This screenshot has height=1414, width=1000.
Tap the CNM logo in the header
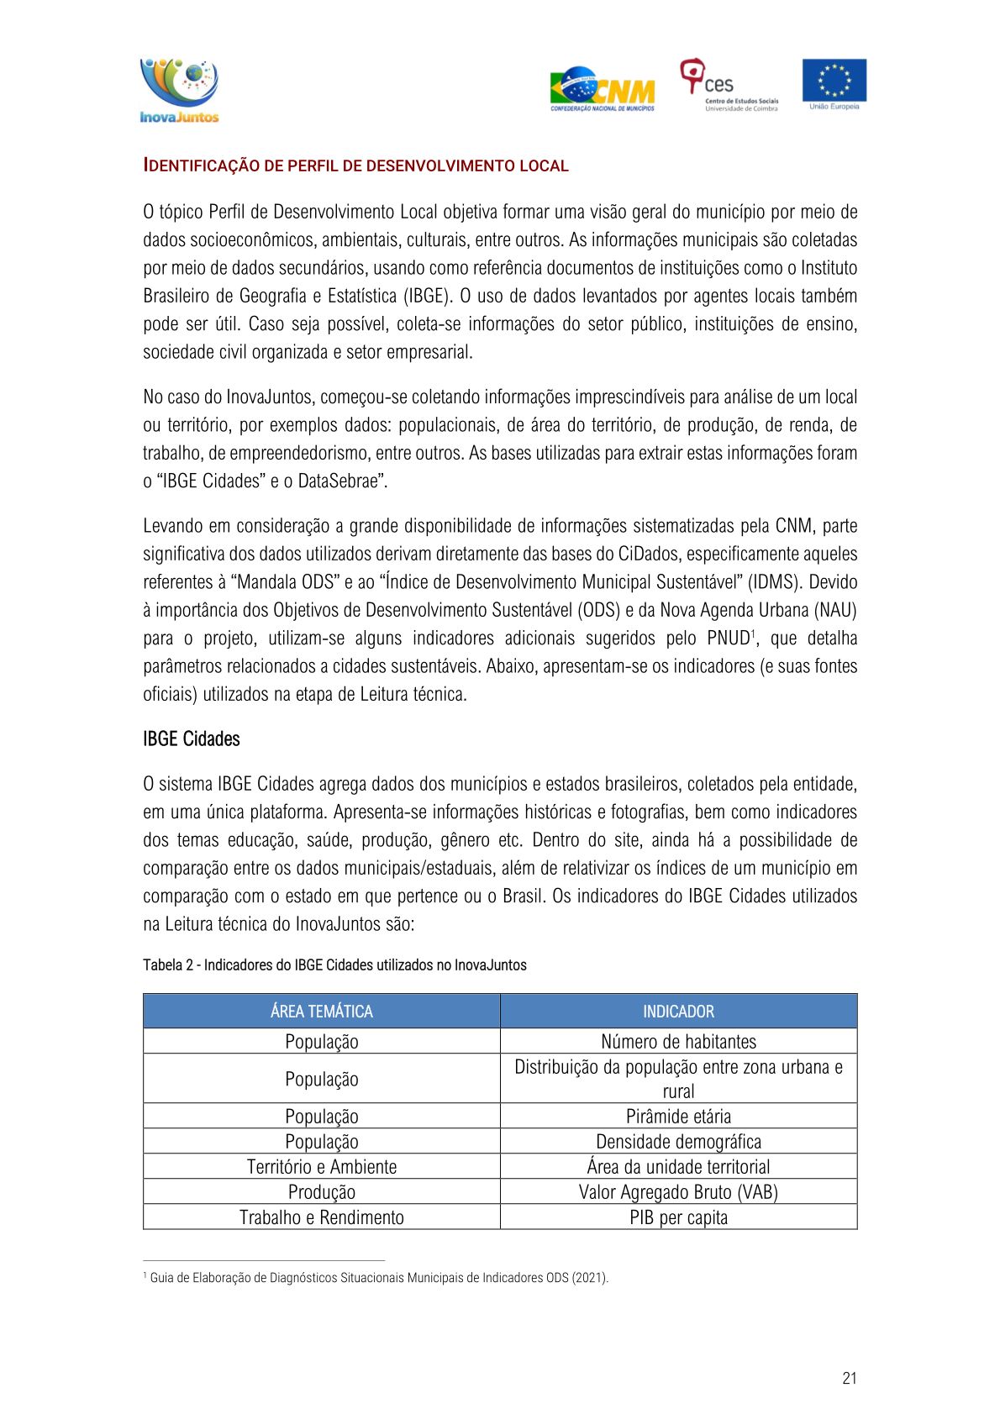tap(603, 89)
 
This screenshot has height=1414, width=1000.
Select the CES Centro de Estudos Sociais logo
tap(729, 85)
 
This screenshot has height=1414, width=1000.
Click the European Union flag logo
tap(834, 84)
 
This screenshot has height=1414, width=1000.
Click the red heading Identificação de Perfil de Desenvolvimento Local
tap(355, 166)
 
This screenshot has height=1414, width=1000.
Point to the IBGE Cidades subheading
tap(192, 739)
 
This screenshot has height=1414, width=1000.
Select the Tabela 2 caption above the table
tap(334, 965)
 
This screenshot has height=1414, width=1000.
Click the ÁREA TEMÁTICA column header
tap(321, 1012)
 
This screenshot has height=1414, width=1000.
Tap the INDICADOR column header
tap(678, 1012)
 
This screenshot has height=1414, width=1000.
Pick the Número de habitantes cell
tap(678, 1042)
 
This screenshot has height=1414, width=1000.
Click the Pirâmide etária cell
tap(678, 1117)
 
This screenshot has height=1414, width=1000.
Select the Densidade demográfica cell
tap(678, 1142)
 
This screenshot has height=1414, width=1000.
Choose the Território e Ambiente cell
tap(321, 1167)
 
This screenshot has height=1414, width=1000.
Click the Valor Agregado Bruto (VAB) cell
tap(678, 1192)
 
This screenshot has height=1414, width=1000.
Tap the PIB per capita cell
tap(678, 1217)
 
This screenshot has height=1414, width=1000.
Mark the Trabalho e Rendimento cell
tap(321, 1217)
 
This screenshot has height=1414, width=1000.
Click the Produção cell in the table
tap(321, 1192)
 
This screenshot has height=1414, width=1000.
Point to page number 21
tap(849, 1378)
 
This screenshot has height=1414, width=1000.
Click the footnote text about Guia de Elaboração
tap(378, 1278)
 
